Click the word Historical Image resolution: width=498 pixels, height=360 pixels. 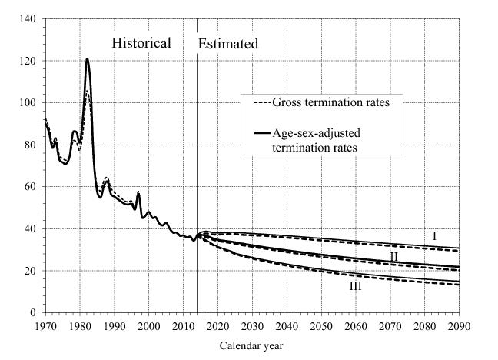141,43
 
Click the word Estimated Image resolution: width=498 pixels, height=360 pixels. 228,44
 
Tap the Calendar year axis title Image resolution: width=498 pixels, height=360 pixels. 252,345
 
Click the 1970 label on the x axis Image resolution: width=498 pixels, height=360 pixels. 46,326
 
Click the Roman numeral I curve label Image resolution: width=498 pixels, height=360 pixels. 434,235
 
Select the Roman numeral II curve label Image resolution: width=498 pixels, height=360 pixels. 393,256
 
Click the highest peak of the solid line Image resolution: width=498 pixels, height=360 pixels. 87,58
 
